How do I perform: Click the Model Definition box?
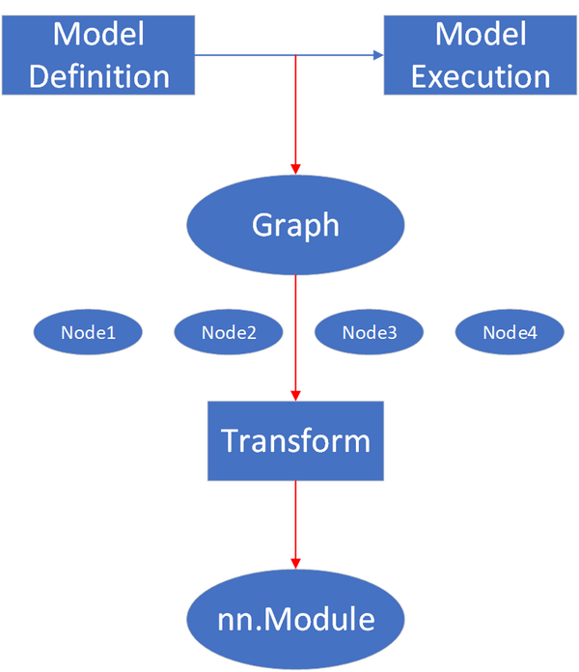click(98, 55)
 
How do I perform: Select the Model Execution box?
click(480, 55)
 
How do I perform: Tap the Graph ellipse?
click(295, 225)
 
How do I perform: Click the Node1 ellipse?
click(88, 333)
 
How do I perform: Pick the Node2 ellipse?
click(229, 333)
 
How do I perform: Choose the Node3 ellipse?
click(369, 333)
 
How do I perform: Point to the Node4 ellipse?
click(510, 333)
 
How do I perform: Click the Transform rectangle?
click(295, 440)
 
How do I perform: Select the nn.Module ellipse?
click(295, 618)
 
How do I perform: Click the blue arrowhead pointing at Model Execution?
click(377, 56)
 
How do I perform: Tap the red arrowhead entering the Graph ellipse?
click(295, 165)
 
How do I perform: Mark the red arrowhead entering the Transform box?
click(295, 394)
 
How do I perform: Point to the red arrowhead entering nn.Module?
click(295, 562)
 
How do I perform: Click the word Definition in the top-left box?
click(98, 75)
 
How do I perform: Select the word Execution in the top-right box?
click(480, 75)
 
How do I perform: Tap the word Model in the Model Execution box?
click(480, 34)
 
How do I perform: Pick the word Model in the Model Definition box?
click(98, 34)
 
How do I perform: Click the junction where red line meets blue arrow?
click(295, 56)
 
